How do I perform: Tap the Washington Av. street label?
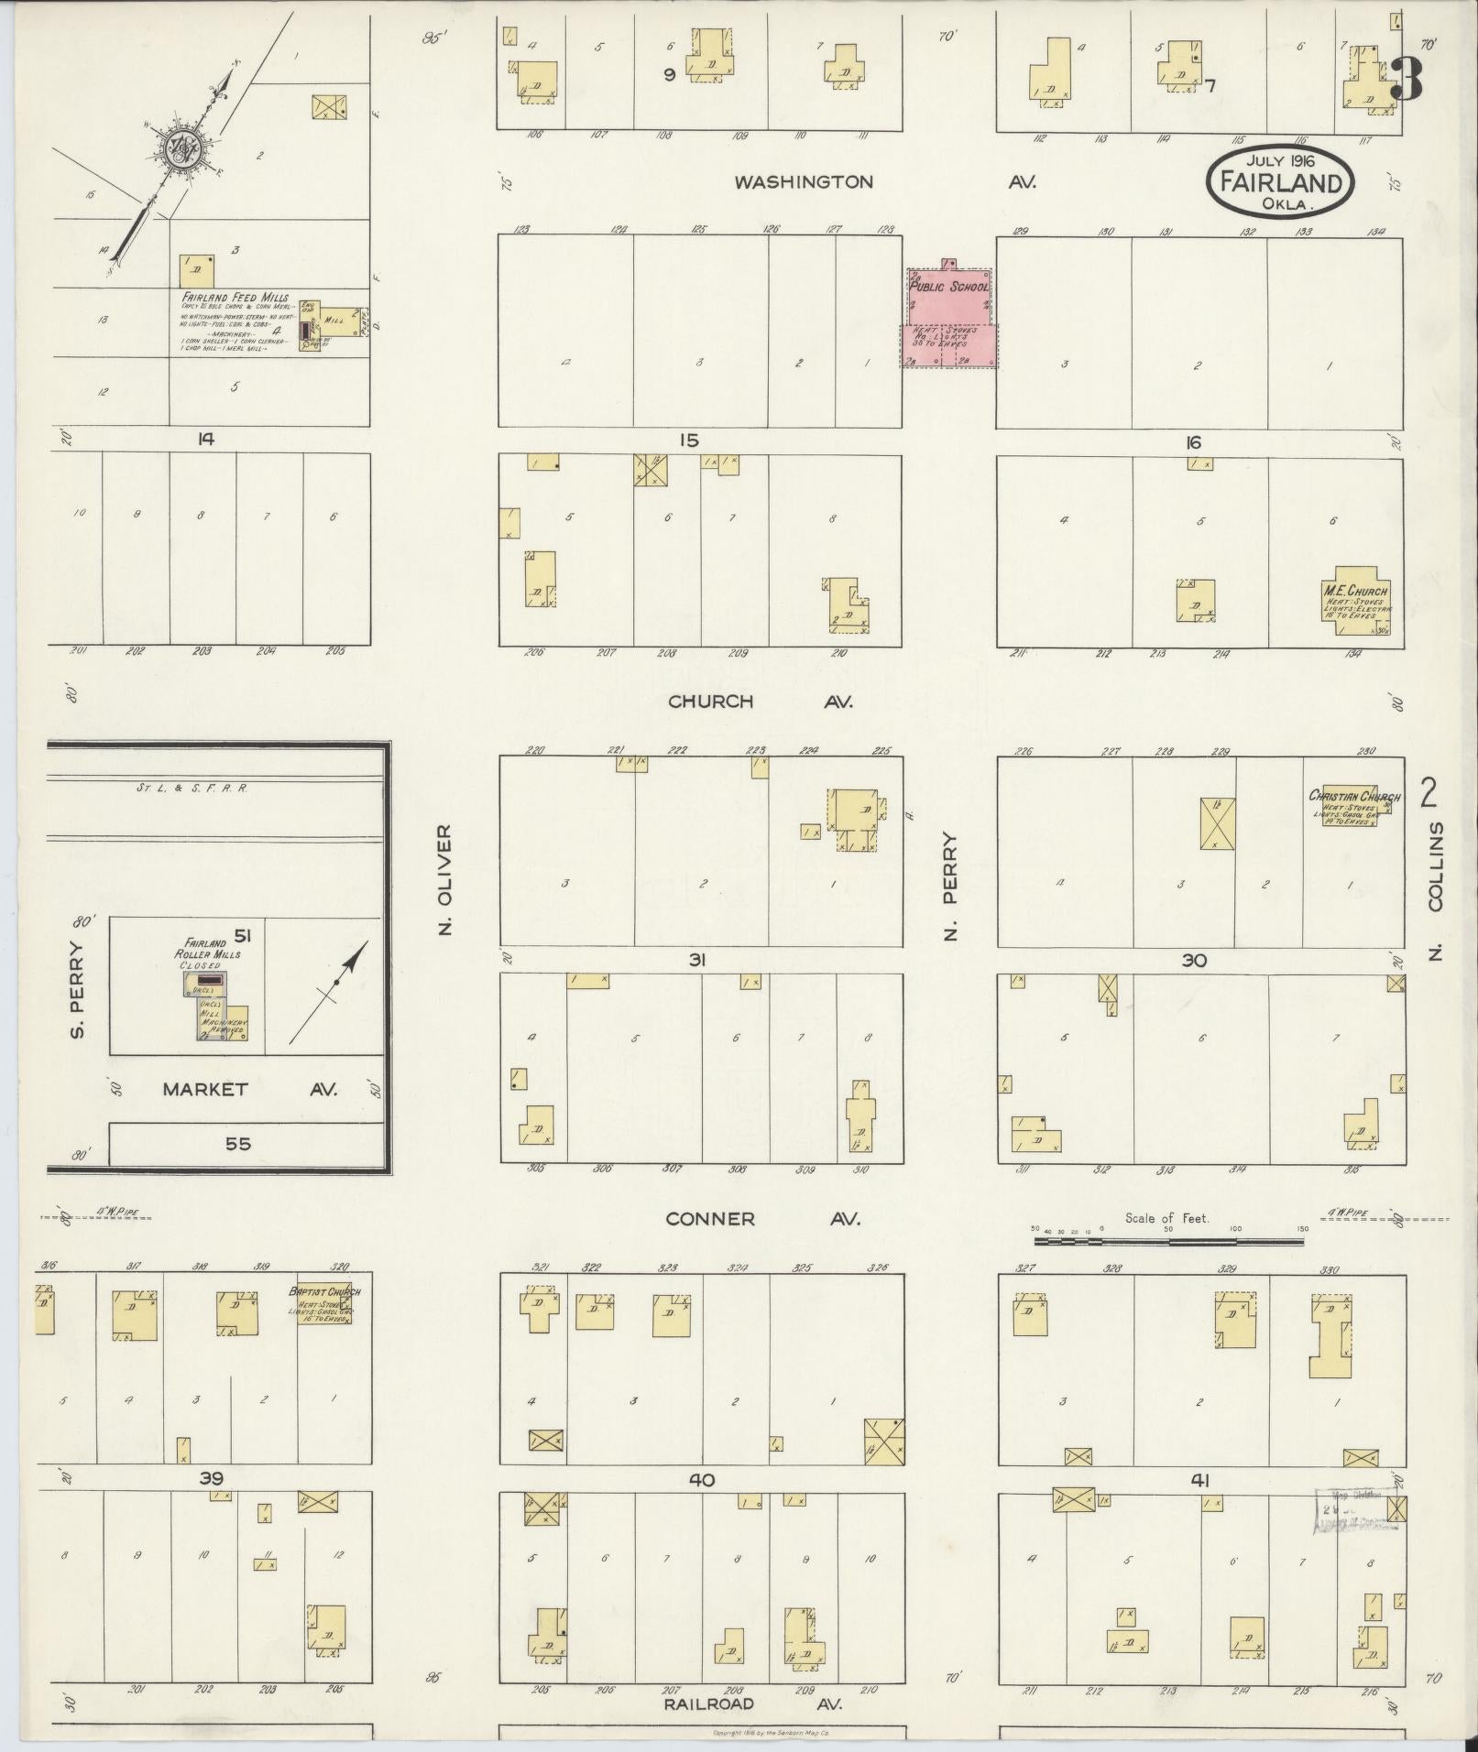884,182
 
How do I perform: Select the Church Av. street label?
760,702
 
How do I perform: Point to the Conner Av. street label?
762,1219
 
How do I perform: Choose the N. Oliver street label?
446,879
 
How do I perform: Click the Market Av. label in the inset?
249,1089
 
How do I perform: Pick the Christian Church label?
1353,796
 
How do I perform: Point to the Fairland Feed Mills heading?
235,298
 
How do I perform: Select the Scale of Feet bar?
1168,1242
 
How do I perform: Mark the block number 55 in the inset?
238,1144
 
